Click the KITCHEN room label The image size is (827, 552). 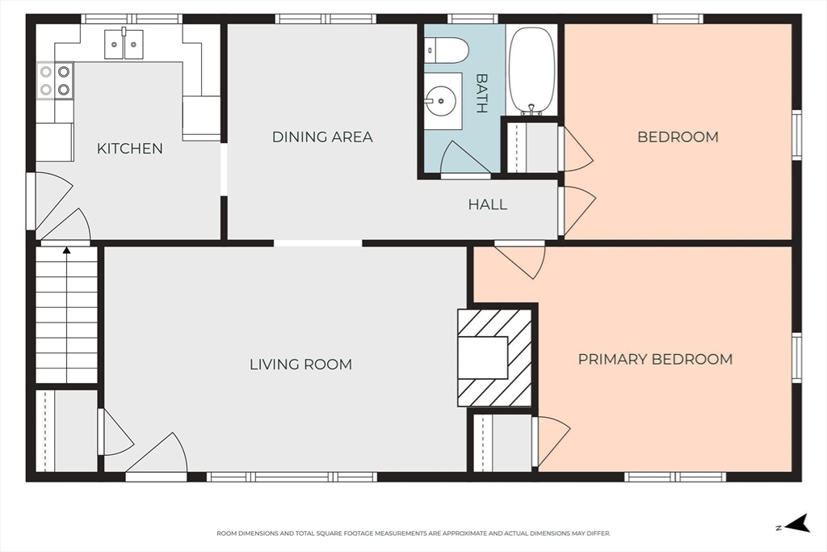click(130, 149)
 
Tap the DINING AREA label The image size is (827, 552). click(322, 137)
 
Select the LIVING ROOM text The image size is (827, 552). click(300, 364)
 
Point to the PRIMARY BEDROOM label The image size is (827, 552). click(655, 360)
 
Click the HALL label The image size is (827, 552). click(488, 204)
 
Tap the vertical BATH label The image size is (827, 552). click(481, 94)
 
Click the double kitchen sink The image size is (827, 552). click(124, 44)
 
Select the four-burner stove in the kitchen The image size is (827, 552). click(55, 80)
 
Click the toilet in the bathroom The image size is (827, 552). click(446, 52)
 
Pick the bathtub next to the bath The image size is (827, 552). click(531, 70)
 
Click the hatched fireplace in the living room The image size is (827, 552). click(494, 358)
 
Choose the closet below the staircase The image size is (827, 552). click(66, 431)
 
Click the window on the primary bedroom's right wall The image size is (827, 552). click(797, 358)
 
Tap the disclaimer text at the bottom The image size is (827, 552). click(413, 533)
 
